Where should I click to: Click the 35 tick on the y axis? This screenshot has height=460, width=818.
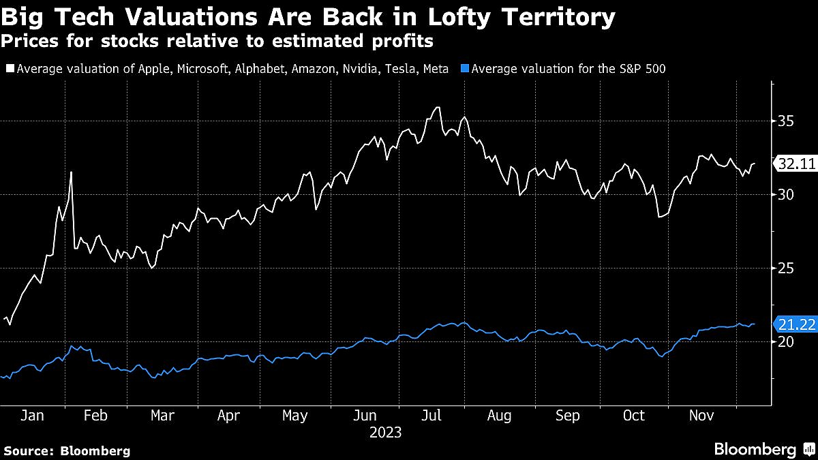point(785,121)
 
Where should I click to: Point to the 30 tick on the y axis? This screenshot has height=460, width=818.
point(785,195)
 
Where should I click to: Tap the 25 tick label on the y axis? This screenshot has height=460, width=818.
point(785,269)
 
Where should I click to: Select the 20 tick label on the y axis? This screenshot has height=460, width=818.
point(785,342)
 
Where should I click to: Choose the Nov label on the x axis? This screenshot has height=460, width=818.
point(702,416)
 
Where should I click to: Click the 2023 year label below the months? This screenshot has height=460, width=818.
point(385,433)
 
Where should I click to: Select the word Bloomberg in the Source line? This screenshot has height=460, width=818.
point(95,450)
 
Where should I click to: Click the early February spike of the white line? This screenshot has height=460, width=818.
point(71,172)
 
